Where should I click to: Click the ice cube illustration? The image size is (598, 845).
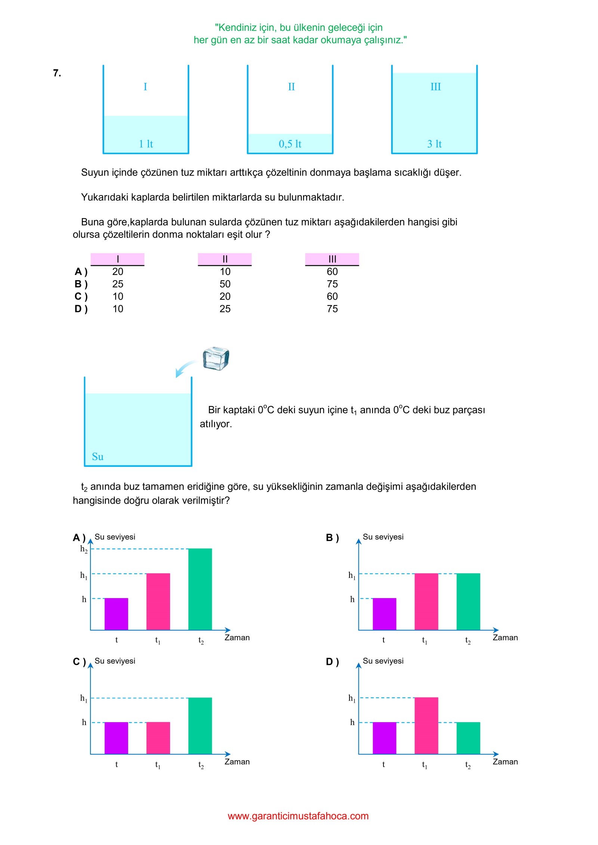[x=216, y=358]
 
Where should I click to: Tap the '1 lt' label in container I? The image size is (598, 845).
[x=146, y=144]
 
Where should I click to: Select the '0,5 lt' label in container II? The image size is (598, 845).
[x=290, y=144]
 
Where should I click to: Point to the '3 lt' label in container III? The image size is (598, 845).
[x=434, y=144]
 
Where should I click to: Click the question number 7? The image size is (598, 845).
[x=57, y=73]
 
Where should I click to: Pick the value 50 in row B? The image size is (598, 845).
[x=225, y=284]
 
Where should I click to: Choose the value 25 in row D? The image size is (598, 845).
[x=225, y=309]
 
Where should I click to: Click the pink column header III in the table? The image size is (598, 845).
[x=332, y=259]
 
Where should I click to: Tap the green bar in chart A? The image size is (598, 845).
[x=200, y=589]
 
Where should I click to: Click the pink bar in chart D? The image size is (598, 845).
[x=426, y=725]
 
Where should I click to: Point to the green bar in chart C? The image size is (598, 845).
[x=200, y=725]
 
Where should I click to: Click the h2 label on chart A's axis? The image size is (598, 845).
[x=84, y=549]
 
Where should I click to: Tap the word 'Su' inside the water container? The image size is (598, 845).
[x=98, y=456]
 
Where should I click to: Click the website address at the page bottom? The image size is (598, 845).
[x=298, y=816]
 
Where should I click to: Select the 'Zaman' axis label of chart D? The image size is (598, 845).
[x=505, y=762]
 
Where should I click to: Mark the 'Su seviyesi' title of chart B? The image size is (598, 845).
[x=383, y=537]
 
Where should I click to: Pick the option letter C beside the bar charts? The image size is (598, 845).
[x=79, y=662]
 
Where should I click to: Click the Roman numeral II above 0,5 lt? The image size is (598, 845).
[x=291, y=87]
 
